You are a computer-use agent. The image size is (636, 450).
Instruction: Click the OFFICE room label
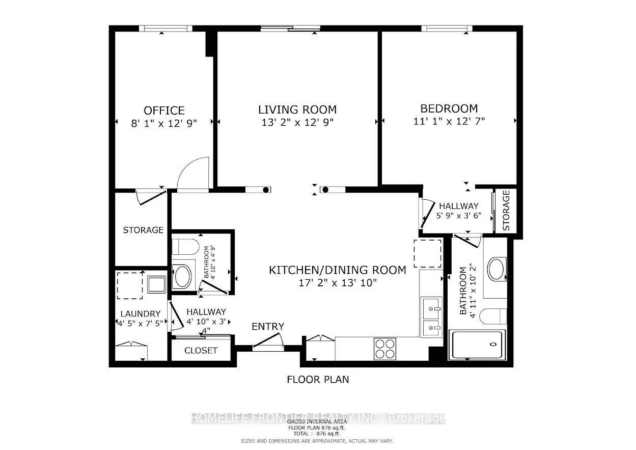pos(164,111)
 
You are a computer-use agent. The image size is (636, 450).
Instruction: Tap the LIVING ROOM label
pos(297,110)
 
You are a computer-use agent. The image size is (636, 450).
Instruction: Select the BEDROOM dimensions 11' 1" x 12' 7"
pos(449,121)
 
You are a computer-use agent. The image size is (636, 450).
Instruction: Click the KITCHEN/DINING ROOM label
pos(337,270)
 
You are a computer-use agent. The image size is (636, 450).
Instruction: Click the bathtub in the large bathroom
pos(477,345)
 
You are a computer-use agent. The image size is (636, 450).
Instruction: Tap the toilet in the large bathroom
pos(493,316)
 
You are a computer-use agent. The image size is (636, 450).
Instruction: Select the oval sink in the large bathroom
pos(496,269)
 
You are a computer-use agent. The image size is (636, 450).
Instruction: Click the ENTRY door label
pos(268,327)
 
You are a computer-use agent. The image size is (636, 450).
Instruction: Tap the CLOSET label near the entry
pos(201,351)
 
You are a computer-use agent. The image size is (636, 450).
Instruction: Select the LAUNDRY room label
pos(141,314)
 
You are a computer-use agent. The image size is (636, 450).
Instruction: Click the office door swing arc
pos(193,173)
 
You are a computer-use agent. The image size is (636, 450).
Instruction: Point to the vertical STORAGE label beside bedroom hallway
pos(506,210)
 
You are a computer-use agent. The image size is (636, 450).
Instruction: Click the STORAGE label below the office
pos(143,230)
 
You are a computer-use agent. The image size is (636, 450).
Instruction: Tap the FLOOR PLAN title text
pos(318,380)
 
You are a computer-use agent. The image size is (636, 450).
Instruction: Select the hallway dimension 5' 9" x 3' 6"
pos(459,216)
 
